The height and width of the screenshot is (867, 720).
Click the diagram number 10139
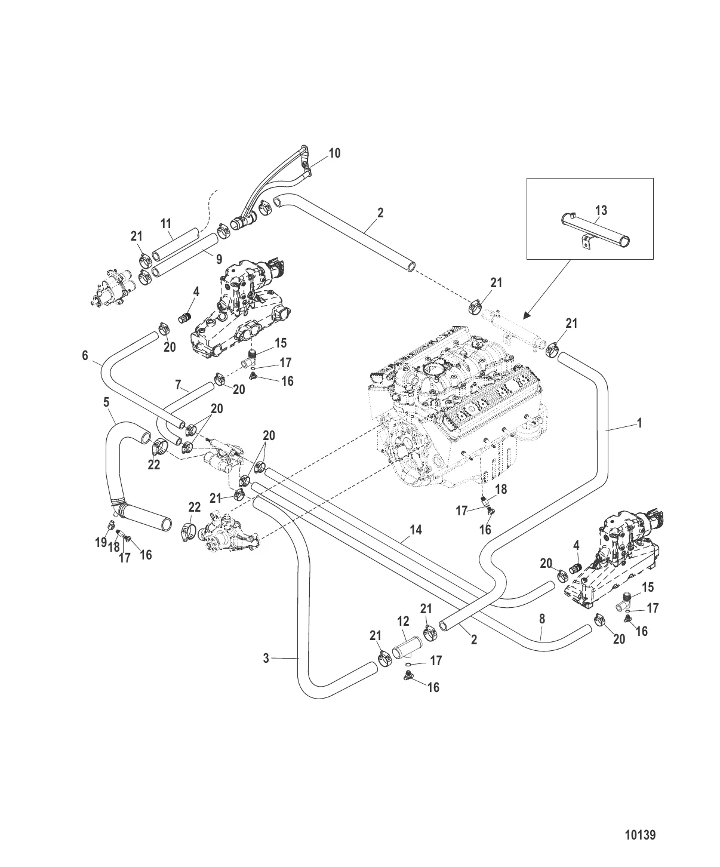pyautogui.click(x=639, y=835)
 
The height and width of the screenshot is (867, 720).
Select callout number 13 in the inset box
pyautogui.click(x=601, y=210)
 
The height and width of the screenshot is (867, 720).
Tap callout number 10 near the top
pyautogui.click(x=334, y=153)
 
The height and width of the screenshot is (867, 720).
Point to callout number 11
pyautogui.click(x=165, y=224)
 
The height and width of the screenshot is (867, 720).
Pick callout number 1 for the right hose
pyautogui.click(x=639, y=423)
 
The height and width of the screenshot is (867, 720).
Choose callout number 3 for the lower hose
pyautogui.click(x=266, y=658)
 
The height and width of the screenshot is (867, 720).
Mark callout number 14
pyautogui.click(x=416, y=530)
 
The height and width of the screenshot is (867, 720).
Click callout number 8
pyautogui.click(x=541, y=619)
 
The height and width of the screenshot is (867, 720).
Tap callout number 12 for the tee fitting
pyautogui.click(x=403, y=622)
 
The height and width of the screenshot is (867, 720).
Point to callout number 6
pyautogui.click(x=85, y=356)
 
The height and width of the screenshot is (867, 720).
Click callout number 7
pyautogui.click(x=178, y=385)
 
